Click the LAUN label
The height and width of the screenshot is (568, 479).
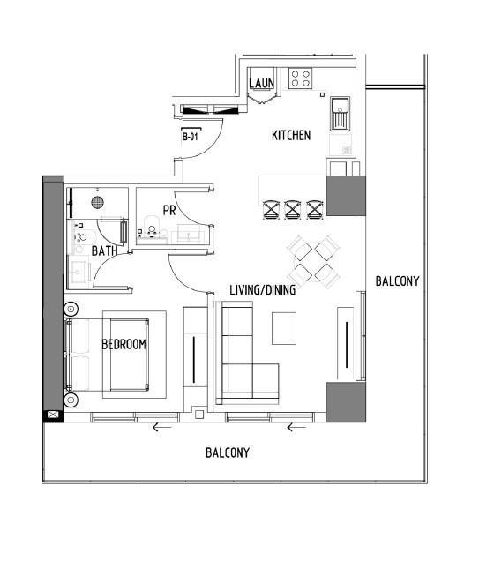tap(262, 84)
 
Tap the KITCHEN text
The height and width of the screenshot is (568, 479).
tap(290, 136)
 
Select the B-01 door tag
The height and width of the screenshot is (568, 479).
tap(189, 137)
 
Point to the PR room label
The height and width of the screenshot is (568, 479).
tap(169, 211)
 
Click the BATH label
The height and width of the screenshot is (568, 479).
tap(105, 251)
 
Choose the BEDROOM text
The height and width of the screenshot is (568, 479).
tap(123, 344)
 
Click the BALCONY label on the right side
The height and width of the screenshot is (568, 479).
tap(397, 281)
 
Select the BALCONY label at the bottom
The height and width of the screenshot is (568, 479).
tap(228, 452)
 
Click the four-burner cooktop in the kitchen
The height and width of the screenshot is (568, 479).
tap(300, 79)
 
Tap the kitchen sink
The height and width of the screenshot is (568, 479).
tap(341, 114)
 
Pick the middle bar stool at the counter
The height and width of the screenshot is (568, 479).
tap(293, 210)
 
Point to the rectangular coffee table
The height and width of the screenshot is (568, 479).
tap(283, 328)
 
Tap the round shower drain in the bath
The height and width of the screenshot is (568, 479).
tap(99, 202)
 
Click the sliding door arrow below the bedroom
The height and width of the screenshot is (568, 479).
tap(160, 429)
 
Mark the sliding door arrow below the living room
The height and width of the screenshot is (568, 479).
tap(296, 429)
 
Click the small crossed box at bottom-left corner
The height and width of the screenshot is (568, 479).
tap(53, 415)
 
